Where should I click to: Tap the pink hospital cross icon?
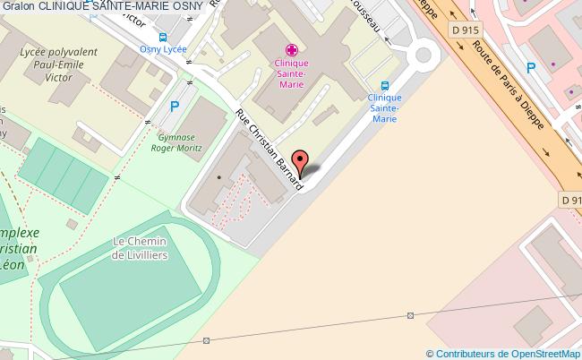pos(289,49)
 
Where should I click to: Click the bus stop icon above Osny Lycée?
pos(162,38)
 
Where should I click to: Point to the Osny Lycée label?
pos(163,50)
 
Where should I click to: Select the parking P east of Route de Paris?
pos(531,66)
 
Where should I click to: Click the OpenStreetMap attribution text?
pos(503,353)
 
